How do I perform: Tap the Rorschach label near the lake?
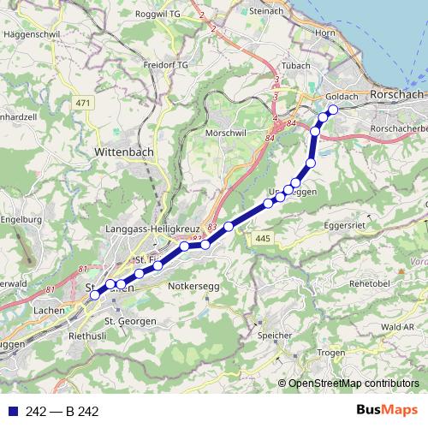tap(397, 92)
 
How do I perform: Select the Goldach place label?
tap(342, 97)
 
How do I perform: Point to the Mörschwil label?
tap(226, 134)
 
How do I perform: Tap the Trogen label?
tap(330, 352)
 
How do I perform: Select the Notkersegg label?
tap(195, 283)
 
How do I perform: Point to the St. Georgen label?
tap(130, 320)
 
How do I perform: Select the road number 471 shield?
tap(82, 104)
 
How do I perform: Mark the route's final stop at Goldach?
tap(333, 110)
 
